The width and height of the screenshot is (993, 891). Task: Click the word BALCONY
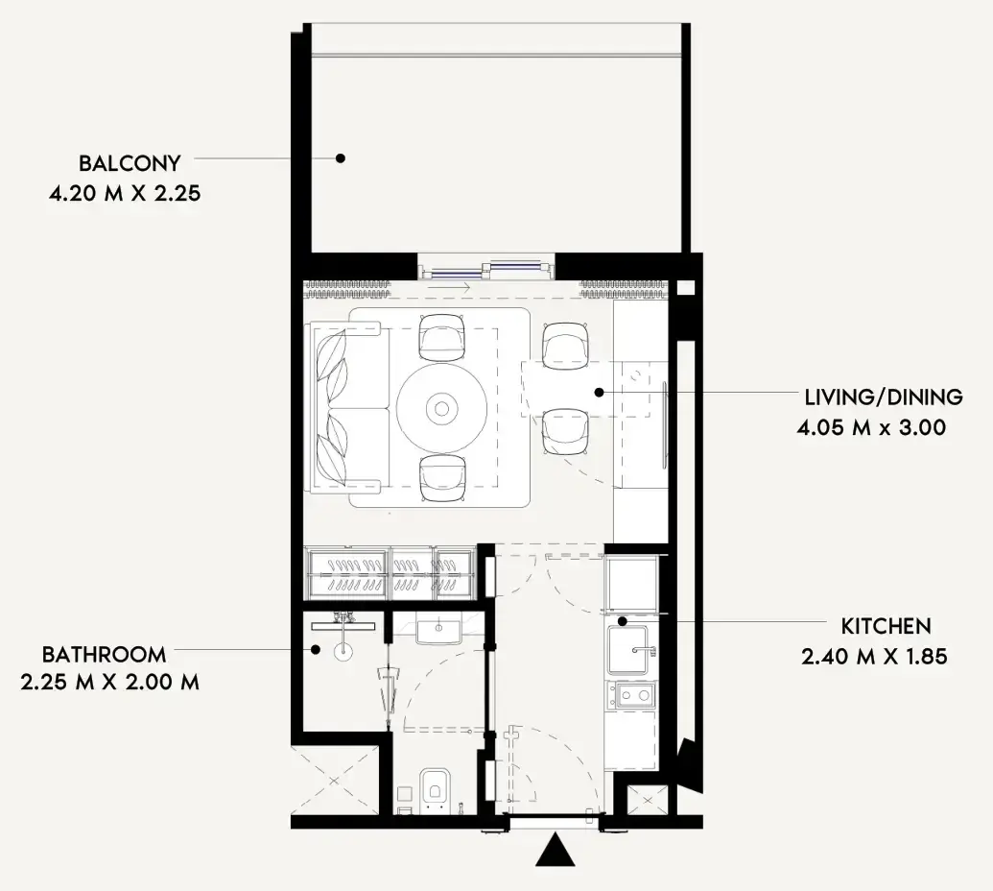pyautogui.click(x=130, y=163)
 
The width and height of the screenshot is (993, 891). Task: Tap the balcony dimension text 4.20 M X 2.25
pyautogui.click(x=125, y=193)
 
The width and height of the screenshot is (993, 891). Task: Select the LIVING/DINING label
pyautogui.click(x=884, y=397)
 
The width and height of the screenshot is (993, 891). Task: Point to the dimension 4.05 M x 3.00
pyautogui.click(x=871, y=427)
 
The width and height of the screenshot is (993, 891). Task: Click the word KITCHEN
pyautogui.click(x=886, y=626)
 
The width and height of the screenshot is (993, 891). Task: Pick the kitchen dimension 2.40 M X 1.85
pyautogui.click(x=874, y=656)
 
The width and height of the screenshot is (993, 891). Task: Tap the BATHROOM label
pyautogui.click(x=104, y=654)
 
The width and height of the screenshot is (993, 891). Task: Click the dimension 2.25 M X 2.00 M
pyautogui.click(x=109, y=683)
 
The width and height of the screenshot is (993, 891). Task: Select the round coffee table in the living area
pyautogui.click(x=442, y=407)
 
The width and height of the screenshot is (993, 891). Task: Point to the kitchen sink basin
pyautogui.click(x=627, y=650)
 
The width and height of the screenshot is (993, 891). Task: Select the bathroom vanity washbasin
pyautogui.click(x=437, y=632)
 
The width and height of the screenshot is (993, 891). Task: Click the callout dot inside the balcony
pyautogui.click(x=340, y=157)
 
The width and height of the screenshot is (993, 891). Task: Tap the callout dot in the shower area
pyautogui.click(x=315, y=649)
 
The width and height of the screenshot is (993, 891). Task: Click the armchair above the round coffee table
pyautogui.click(x=442, y=338)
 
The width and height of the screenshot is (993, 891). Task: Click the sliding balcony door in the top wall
pyautogui.click(x=486, y=268)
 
